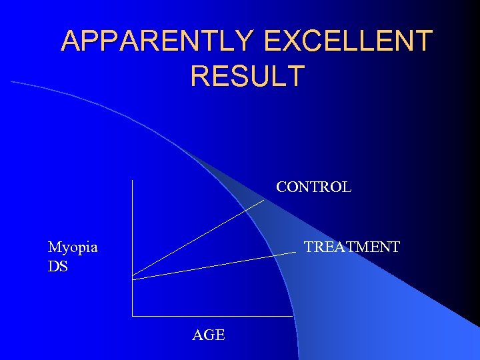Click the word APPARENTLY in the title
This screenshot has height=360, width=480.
157,41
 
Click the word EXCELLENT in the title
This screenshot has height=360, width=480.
348,41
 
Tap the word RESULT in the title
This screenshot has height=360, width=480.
247,76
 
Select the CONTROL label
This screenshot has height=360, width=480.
313,187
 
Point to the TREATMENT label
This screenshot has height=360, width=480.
351,247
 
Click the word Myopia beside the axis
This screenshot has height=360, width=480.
73,247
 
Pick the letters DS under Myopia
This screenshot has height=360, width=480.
58,267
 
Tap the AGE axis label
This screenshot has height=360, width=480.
209,335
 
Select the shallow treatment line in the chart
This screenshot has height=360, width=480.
213,265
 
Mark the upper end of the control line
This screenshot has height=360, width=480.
264,200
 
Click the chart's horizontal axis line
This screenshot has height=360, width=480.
213,315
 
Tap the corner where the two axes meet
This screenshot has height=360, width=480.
133,315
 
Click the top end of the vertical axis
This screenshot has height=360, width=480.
133,181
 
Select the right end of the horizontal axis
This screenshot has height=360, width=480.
293,315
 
